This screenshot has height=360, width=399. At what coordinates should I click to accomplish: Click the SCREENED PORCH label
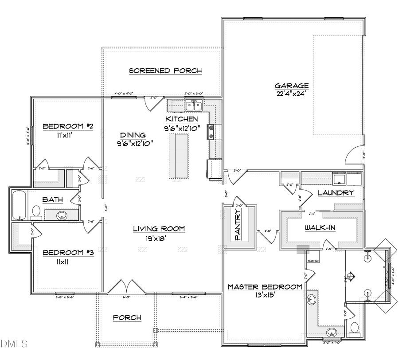pyautogui.click(x=165, y=70)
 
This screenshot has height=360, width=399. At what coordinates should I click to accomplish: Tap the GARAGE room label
pyautogui.click(x=291, y=86)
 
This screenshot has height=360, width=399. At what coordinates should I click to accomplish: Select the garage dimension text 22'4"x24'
pyautogui.click(x=291, y=94)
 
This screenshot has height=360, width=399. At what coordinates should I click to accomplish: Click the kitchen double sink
pyautogui.click(x=194, y=106)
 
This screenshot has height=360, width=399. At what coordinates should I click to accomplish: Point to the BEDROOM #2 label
pyautogui.click(x=68, y=127)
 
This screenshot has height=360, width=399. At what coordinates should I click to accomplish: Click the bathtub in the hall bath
pyautogui.click(x=20, y=205)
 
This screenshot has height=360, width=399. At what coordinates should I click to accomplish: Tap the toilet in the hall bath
pyautogui.click(x=37, y=211)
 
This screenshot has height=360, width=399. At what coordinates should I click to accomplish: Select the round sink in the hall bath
pyautogui.click(x=62, y=215)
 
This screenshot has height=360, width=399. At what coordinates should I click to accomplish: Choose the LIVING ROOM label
pyautogui.click(x=159, y=229)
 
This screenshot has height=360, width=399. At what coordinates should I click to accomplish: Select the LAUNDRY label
pyautogui.click(x=336, y=193)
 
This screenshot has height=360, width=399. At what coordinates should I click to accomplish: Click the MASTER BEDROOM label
pyautogui.click(x=265, y=287)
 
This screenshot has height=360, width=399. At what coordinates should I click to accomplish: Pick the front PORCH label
pyautogui.click(x=127, y=317)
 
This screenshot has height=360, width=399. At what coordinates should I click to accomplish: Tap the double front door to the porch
pyautogui.click(x=126, y=286)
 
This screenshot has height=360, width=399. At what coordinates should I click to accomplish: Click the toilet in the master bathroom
pyautogui.click(x=354, y=328)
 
